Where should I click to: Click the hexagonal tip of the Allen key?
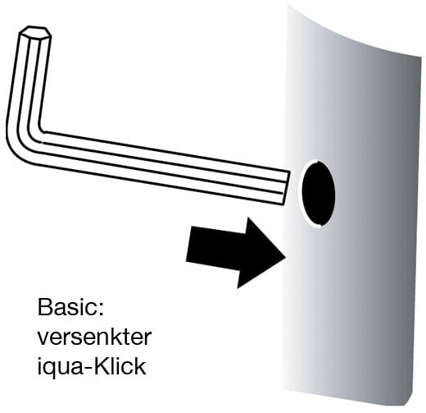click(34, 32)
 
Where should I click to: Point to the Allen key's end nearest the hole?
click(286, 187)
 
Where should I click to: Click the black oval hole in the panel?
click(319, 193)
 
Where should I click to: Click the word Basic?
click(67, 307)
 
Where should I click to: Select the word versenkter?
click(94, 337)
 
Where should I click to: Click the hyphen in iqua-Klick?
click(87, 369)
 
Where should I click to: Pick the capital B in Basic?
click(45, 307)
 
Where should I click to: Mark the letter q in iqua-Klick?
click(50, 369)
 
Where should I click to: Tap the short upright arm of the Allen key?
click(29, 80)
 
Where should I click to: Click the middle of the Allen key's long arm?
click(164, 167)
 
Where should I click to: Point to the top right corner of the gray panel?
click(421, 57)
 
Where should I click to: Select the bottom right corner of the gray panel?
click(410, 406)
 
